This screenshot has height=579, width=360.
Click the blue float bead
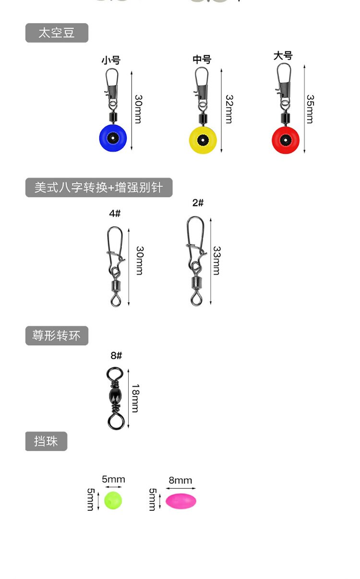tap(112, 138)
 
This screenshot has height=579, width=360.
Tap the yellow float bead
tap(203, 140)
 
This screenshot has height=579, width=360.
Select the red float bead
tap(286, 140)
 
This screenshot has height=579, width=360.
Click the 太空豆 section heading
tap(57, 33)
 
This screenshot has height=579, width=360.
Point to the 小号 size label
tap(110, 60)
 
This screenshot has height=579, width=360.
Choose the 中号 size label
tap(202, 60)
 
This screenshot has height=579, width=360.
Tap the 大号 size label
tap(283, 56)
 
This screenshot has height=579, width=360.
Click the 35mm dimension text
tap(311, 109)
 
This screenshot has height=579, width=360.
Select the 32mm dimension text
tap(229, 109)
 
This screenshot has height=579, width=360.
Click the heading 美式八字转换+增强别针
tap(98, 187)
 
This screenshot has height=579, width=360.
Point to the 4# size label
tap(115, 214)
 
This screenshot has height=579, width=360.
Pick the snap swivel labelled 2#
tap(196, 262)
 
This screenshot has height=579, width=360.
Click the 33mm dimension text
tap(216, 261)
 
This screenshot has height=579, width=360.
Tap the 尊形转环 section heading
tap(57, 336)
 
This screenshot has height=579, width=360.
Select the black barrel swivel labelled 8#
tap(116, 398)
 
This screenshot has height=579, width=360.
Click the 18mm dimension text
tap(135, 398)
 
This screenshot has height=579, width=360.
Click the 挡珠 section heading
tap(46, 441)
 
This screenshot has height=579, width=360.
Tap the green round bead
tap(113, 500)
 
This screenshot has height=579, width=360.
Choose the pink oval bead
tap(181, 501)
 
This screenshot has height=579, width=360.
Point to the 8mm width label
tap(180, 481)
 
